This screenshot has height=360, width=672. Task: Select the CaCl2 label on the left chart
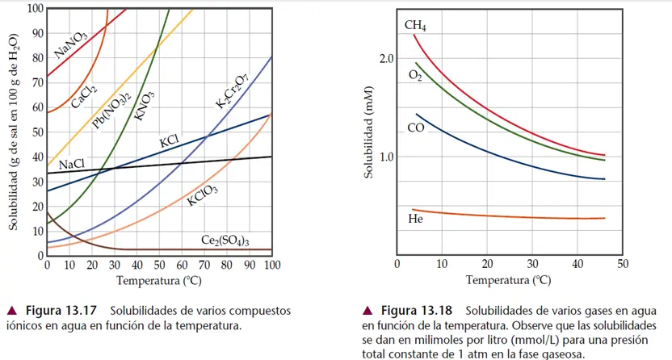tap(84, 96)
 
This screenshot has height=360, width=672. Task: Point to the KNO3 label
tap(145, 106)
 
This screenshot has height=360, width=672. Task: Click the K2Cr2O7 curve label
tap(232, 89)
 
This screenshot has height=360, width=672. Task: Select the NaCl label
tap(72, 164)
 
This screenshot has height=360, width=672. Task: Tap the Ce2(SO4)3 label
tap(225, 241)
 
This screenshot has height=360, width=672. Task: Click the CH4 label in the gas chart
tap(415, 26)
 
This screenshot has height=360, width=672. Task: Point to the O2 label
tap(415, 75)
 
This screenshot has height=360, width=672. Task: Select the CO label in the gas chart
tap(415, 128)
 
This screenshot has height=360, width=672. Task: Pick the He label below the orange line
tap(415, 218)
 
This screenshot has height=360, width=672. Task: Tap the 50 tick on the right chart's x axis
tap(622, 264)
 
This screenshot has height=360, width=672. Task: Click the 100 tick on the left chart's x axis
tap(271, 265)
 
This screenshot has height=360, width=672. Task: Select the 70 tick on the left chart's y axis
tap(36, 82)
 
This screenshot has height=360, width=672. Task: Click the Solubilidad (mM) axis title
tap(368, 138)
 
